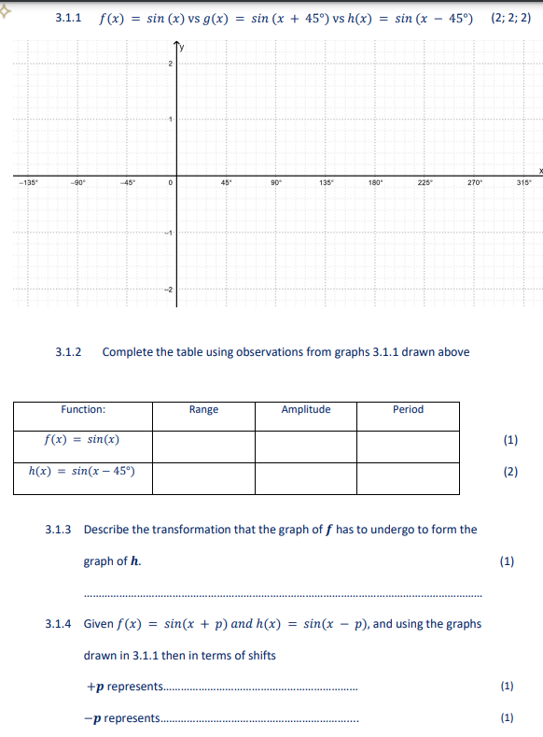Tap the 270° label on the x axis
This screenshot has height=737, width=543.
click(x=474, y=182)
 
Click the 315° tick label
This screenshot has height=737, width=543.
click(x=523, y=182)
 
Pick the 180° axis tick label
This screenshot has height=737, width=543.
click(x=375, y=182)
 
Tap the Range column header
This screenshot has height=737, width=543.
click(x=203, y=409)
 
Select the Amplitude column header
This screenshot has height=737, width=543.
click(x=306, y=409)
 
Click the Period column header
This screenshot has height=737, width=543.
click(x=408, y=409)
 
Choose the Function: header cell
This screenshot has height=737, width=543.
click(x=83, y=409)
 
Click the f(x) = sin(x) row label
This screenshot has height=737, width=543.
click(x=82, y=439)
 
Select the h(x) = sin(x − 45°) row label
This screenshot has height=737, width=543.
click(x=82, y=470)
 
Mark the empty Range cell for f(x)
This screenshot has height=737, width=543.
click(x=203, y=446)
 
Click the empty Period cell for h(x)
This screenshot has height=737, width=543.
click(x=408, y=477)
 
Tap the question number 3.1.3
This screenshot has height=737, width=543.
click(x=59, y=529)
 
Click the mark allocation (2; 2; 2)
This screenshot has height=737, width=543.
click(x=509, y=18)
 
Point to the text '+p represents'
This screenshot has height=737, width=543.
click(x=123, y=687)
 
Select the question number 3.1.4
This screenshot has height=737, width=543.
click(x=59, y=623)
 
